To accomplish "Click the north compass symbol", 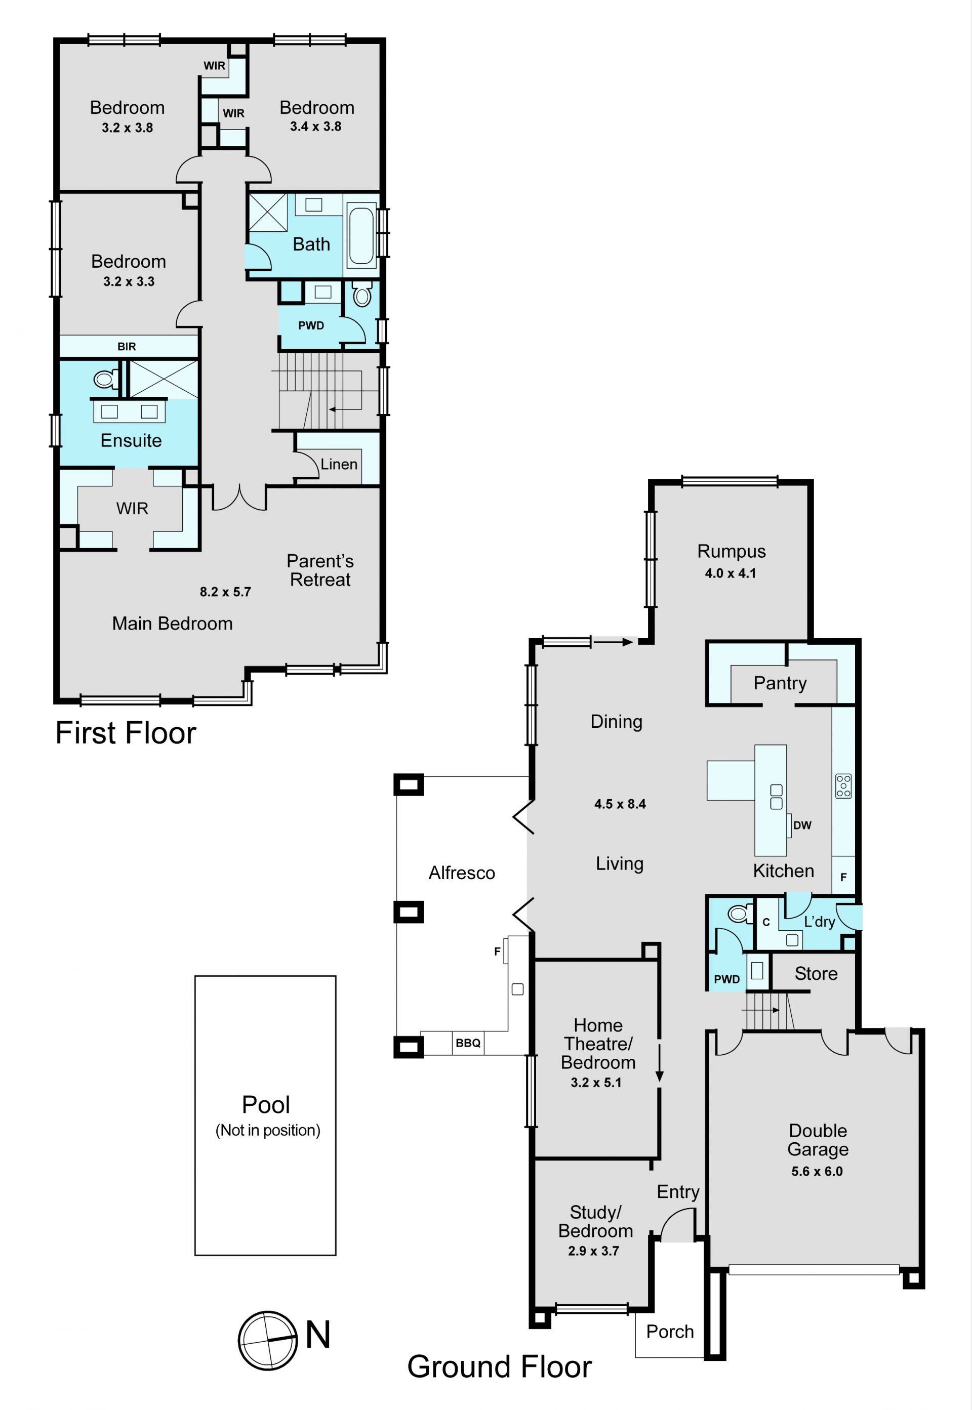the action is coord(268,1340).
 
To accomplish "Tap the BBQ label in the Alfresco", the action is coord(468,1043).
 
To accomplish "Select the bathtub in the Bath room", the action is coord(361,235).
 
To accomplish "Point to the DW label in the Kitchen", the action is coord(802,825).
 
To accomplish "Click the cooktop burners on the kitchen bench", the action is coord(843,785).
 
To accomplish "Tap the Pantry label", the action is coord(780,683).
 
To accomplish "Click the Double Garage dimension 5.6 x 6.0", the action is coord(817,1171).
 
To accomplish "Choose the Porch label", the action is coord(670,1332).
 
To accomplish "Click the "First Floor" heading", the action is coord(126,732).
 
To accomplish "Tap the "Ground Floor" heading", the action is coord(499,1367).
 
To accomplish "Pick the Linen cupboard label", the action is coord(339,464).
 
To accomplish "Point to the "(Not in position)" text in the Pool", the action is coord(268,1130).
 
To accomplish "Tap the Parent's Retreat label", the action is coord(320,570).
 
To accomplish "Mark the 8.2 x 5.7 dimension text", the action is coord(225,592).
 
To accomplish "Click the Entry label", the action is coord(678,1192).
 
